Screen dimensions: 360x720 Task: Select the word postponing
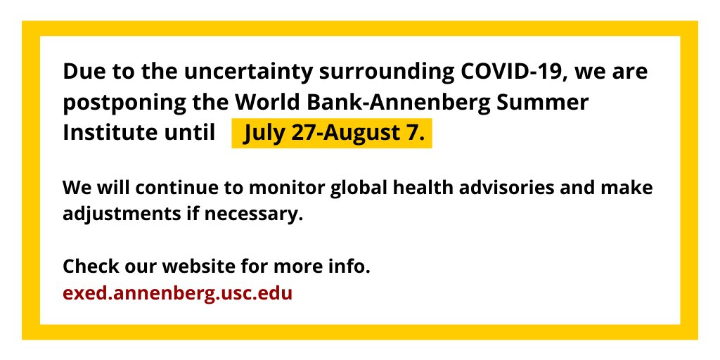pyautogui.click(x=124, y=103)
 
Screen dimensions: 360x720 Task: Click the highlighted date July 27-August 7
pyautogui.click(x=332, y=134)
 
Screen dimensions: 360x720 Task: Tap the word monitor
pyautogui.click(x=276, y=188)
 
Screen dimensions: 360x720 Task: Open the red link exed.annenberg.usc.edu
pyautogui.click(x=177, y=292)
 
